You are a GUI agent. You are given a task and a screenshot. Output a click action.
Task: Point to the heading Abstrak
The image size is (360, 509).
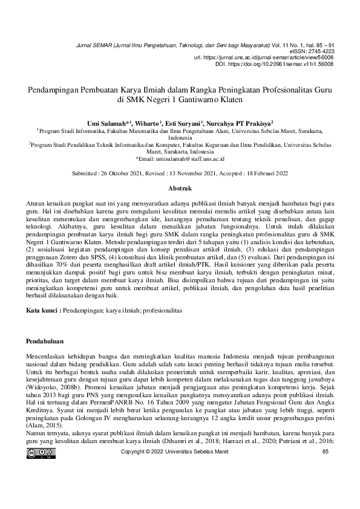179,189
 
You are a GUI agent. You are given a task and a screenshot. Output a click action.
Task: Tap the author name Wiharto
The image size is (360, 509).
148,122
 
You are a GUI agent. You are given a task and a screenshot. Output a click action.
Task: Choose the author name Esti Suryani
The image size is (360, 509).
183,122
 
